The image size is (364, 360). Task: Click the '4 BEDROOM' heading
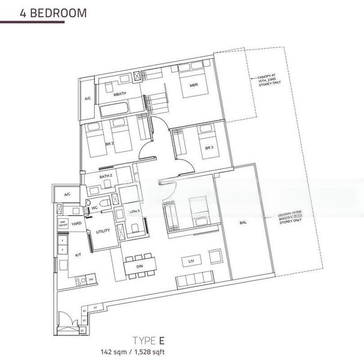[43, 12]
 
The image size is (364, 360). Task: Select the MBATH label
[120, 94]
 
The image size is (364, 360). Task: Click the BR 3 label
[208, 148]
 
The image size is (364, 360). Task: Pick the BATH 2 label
[106, 176]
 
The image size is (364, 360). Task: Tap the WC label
[94, 208]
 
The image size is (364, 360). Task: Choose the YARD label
[76, 223]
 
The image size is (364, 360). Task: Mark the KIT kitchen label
[77, 254]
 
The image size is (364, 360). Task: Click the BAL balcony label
[243, 223]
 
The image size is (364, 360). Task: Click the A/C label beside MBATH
[87, 98]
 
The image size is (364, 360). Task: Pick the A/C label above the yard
[67, 194]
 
